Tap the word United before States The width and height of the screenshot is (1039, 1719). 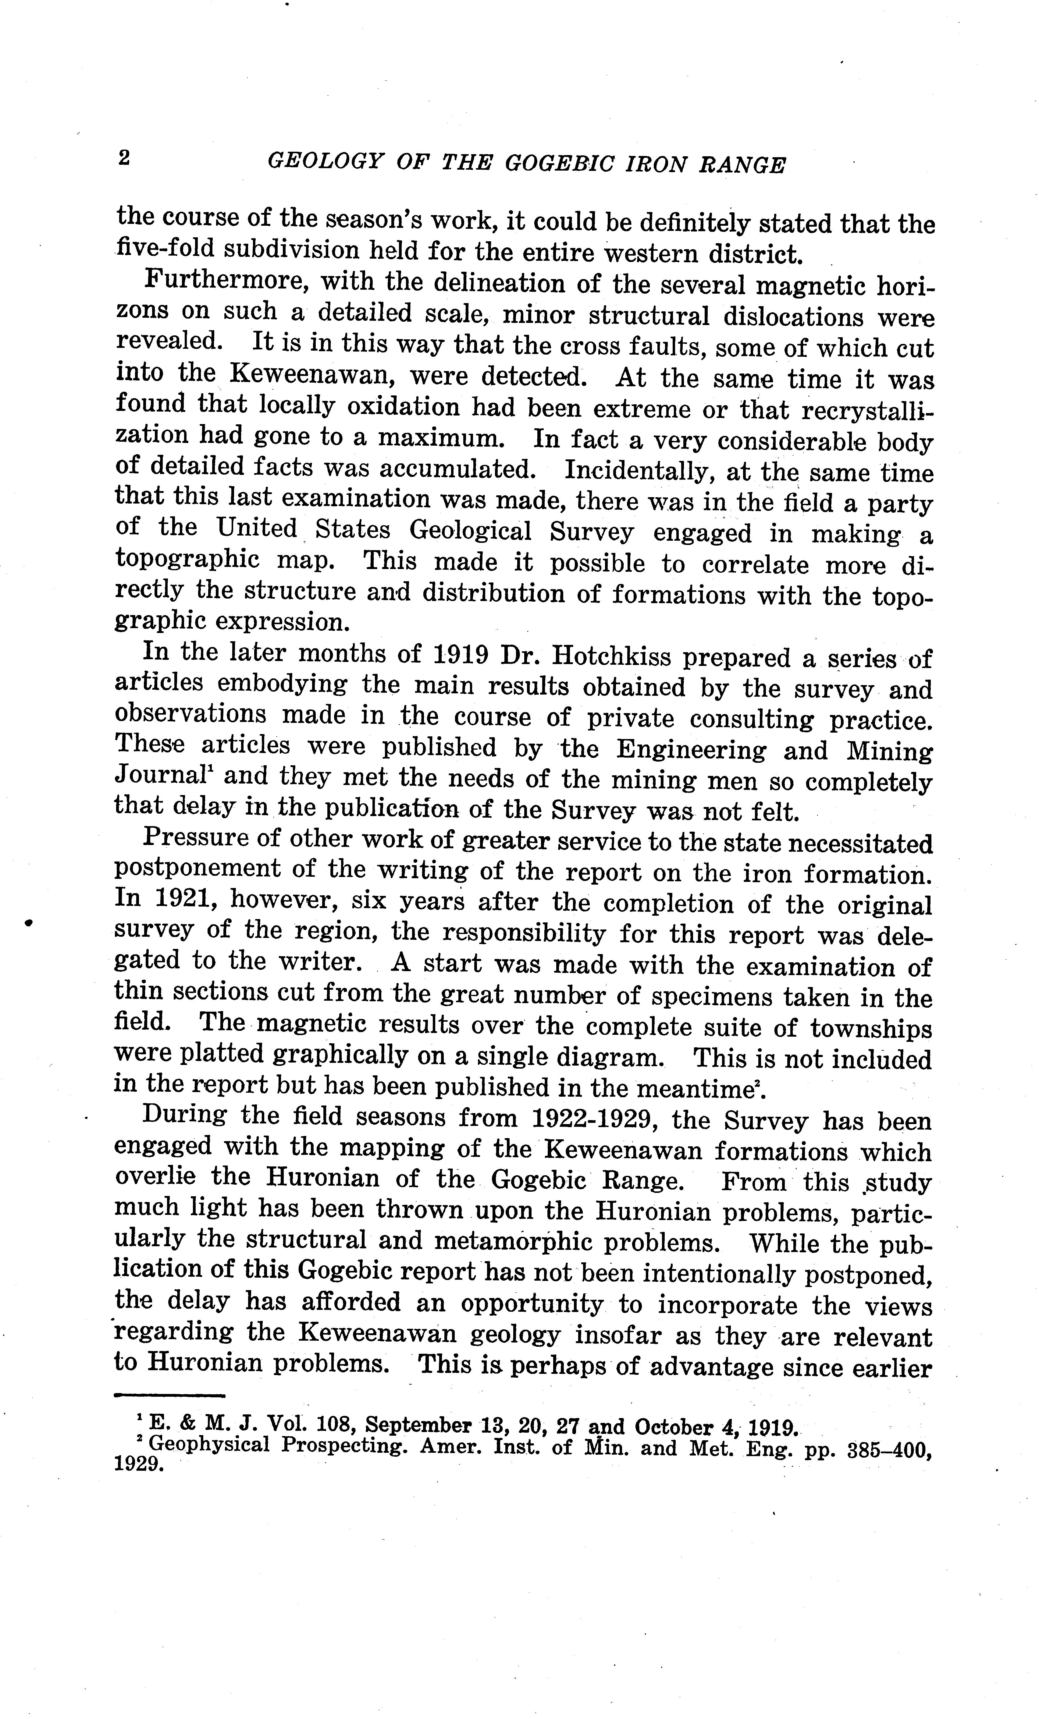(257, 529)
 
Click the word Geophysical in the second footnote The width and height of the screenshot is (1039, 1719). (209, 1445)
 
